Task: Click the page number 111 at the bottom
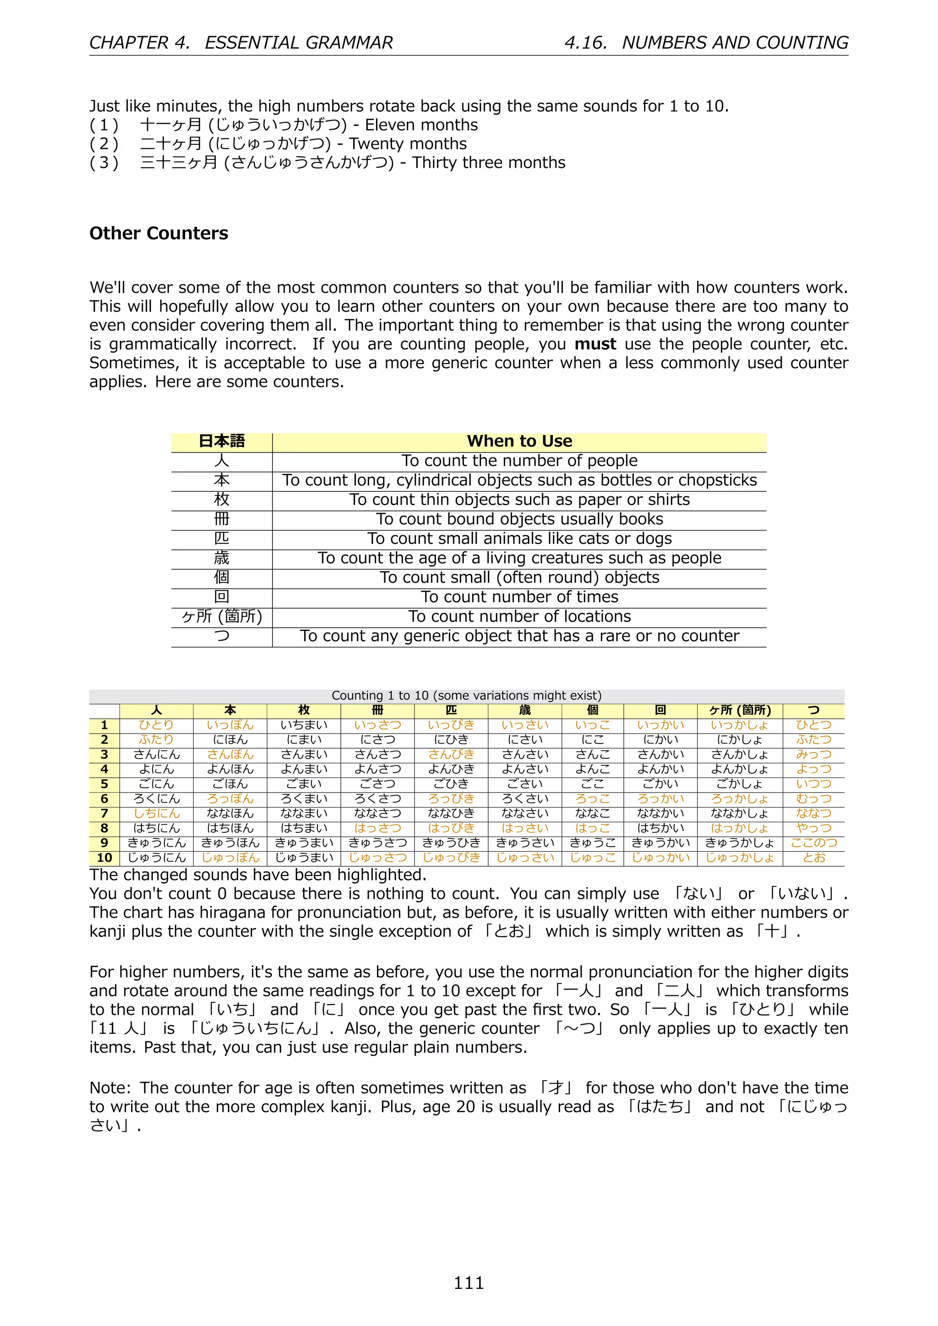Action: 469,1283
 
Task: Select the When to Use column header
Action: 519,441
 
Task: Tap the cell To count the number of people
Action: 519,461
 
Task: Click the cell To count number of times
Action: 519,597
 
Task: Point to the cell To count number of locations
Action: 519,616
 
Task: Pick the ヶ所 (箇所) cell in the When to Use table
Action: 222,616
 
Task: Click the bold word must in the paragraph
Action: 595,344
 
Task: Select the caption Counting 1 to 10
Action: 466,696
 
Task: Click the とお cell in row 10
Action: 813,858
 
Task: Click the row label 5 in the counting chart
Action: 104,784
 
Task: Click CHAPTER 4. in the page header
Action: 139,42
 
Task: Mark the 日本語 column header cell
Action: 222,441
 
